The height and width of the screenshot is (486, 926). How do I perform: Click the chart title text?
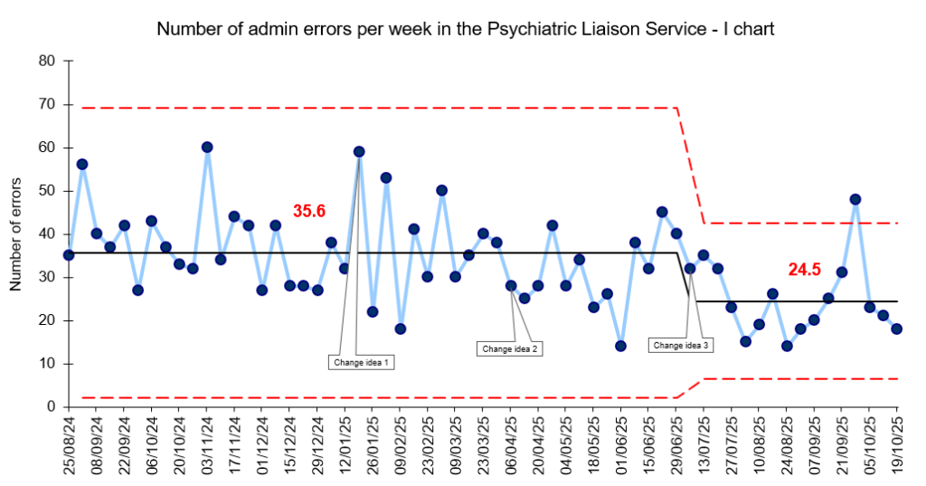click(x=466, y=29)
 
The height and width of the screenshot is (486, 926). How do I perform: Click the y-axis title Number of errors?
click(x=15, y=233)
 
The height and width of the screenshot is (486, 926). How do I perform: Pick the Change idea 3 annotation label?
click(x=682, y=345)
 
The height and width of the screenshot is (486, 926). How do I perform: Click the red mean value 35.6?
click(x=308, y=212)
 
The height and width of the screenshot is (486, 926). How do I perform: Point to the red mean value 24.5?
click(x=804, y=269)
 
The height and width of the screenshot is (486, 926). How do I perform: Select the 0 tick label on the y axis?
click(x=51, y=407)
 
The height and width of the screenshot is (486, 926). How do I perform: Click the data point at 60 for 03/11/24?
click(x=207, y=147)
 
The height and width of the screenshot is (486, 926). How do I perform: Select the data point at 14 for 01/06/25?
click(x=621, y=346)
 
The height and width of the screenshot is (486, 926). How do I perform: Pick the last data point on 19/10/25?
click(x=897, y=329)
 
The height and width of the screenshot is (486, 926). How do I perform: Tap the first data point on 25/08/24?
click(x=69, y=255)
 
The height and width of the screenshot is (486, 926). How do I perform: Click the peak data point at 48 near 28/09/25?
click(x=855, y=199)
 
